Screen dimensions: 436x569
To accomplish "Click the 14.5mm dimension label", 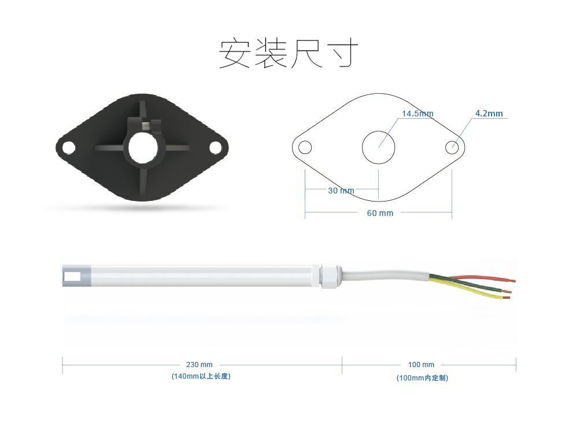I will [417, 113].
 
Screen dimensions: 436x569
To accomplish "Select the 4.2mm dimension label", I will [489, 113].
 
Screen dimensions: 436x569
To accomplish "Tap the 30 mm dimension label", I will [341, 190].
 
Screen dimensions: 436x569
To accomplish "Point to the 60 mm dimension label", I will [380, 213].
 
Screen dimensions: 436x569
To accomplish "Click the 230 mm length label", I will [199, 365].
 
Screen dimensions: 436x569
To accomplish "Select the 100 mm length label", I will [421, 365].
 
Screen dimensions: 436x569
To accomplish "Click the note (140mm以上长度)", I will [201, 377].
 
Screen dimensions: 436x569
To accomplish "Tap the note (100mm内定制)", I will [422, 378].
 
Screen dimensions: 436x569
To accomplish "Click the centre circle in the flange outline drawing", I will [378, 147].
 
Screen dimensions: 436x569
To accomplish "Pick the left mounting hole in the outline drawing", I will [305, 147].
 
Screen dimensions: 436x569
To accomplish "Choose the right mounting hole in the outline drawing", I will [452, 147].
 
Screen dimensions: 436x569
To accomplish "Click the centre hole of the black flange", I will [142, 148].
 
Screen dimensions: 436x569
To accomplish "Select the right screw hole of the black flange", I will [215, 148].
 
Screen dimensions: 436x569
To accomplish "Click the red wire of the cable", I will [480, 277].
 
